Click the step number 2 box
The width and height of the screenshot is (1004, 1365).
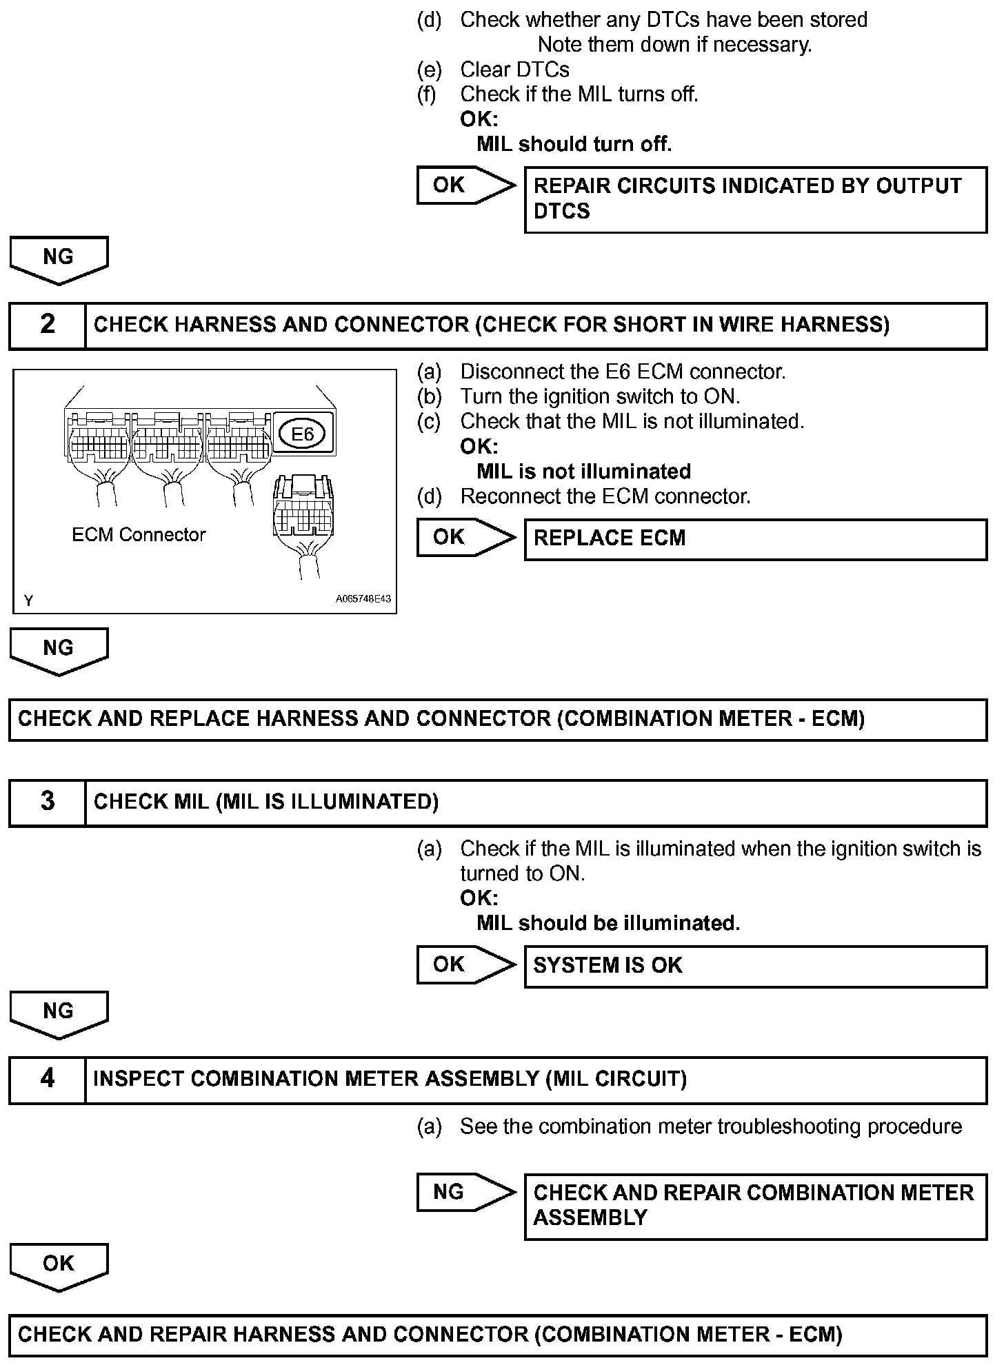(47, 325)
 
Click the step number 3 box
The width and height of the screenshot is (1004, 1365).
(47, 802)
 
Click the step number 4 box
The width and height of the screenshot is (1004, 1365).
(47, 1079)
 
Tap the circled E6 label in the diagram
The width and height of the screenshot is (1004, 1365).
(303, 434)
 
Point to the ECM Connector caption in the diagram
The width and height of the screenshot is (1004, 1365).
(139, 535)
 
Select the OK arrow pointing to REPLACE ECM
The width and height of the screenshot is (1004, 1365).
(465, 537)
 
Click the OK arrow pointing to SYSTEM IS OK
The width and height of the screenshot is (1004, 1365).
(465, 964)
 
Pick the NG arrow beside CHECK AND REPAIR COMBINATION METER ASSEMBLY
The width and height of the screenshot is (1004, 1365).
(465, 1192)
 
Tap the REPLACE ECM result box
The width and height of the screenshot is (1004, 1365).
(755, 538)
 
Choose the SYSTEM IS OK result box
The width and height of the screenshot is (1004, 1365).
(755, 966)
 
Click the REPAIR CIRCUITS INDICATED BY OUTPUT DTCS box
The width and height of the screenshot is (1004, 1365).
(755, 199)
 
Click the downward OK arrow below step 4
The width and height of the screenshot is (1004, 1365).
(59, 1266)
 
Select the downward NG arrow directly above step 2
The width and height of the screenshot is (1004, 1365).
(59, 259)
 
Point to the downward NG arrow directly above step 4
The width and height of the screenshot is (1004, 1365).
(59, 1013)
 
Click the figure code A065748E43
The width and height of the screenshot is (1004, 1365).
(363, 599)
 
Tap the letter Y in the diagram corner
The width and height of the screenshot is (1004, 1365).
(28, 601)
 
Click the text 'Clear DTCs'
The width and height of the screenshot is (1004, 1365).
(514, 70)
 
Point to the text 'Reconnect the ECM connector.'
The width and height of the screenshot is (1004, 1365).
(605, 496)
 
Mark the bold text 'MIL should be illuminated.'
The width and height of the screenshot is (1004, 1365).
(608, 923)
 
